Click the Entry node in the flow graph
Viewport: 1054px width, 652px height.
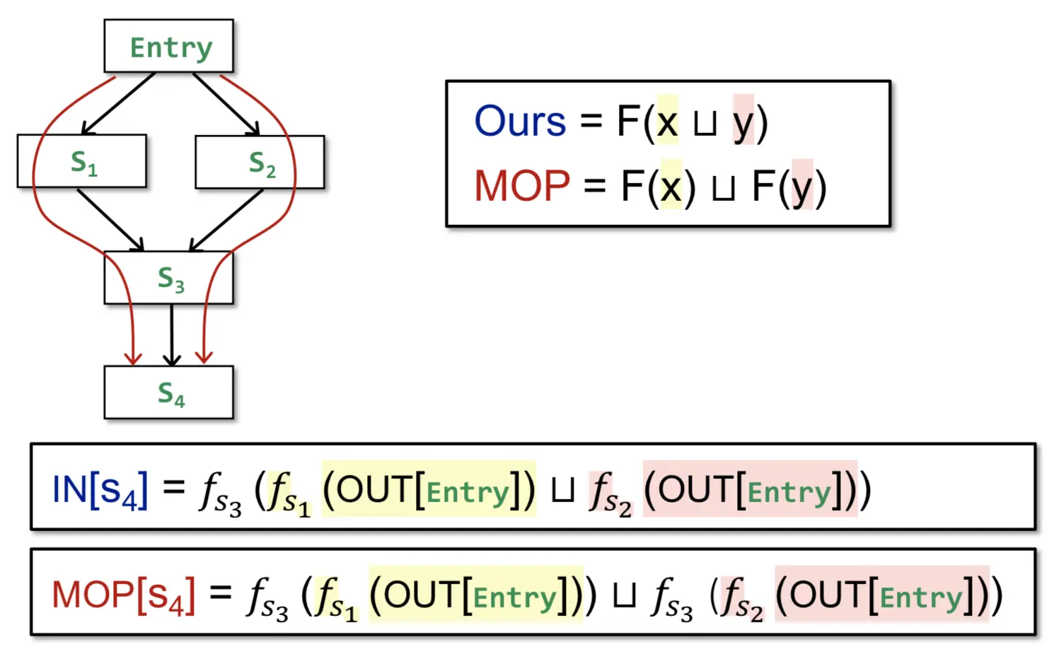[169, 47]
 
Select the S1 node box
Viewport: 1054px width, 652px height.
[82, 161]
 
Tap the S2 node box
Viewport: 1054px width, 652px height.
[260, 163]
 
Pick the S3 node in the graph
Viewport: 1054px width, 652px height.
[169, 278]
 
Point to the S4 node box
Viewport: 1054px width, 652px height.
[169, 392]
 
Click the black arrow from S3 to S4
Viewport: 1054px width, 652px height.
[172, 334]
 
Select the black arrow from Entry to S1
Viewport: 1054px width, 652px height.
[119, 103]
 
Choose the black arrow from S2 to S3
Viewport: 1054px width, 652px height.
[226, 219]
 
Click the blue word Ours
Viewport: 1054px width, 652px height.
[520, 121]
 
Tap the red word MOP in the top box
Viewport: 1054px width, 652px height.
[522, 186]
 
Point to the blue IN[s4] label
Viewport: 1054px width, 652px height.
[100, 489]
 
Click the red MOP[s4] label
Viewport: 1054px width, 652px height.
[123, 595]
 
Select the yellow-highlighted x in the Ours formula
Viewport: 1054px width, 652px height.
[667, 122]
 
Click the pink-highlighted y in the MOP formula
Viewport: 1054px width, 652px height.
[802, 187]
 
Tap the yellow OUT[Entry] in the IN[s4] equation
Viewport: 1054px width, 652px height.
[429, 489]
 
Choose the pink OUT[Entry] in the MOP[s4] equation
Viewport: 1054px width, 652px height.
[881, 595]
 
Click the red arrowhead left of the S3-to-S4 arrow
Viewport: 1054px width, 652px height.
[132, 357]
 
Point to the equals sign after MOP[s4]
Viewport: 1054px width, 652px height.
[221, 593]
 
